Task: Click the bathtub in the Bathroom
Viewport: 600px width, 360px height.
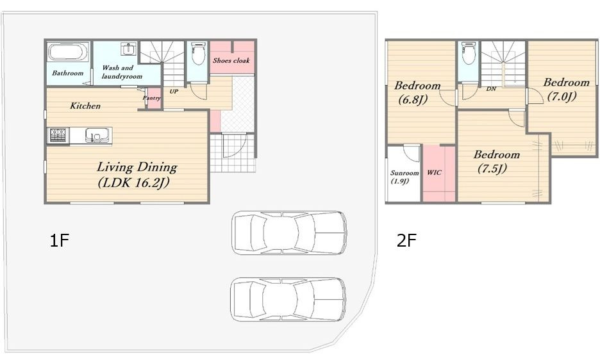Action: (x=69, y=52)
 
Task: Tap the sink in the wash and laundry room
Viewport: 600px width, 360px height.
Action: (x=129, y=49)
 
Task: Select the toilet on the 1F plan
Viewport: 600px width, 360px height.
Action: (x=198, y=54)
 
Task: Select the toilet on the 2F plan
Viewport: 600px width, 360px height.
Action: (x=469, y=53)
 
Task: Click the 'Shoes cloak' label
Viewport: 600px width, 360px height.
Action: (x=231, y=60)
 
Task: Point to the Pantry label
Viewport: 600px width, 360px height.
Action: (x=151, y=98)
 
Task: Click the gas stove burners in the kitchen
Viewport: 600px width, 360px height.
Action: (x=58, y=135)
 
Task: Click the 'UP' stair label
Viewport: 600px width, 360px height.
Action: (x=174, y=92)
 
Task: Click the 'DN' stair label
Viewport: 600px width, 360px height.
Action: (x=491, y=89)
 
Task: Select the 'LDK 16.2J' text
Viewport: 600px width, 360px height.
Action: (x=133, y=183)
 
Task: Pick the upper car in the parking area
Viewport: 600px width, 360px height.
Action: (x=289, y=233)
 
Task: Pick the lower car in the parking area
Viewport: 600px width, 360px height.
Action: (x=288, y=300)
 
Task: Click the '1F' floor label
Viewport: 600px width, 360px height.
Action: (x=60, y=241)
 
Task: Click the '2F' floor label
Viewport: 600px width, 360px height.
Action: (x=406, y=241)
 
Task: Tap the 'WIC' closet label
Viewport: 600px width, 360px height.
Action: (x=434, y=172)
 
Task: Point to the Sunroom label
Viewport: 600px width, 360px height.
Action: (x=404, y=173)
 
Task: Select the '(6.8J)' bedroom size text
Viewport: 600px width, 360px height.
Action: (x=413, y=100)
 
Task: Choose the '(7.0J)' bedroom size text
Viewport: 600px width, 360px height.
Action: (x=562, y=97)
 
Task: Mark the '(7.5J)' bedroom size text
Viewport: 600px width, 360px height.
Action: (x=492, y=168)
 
